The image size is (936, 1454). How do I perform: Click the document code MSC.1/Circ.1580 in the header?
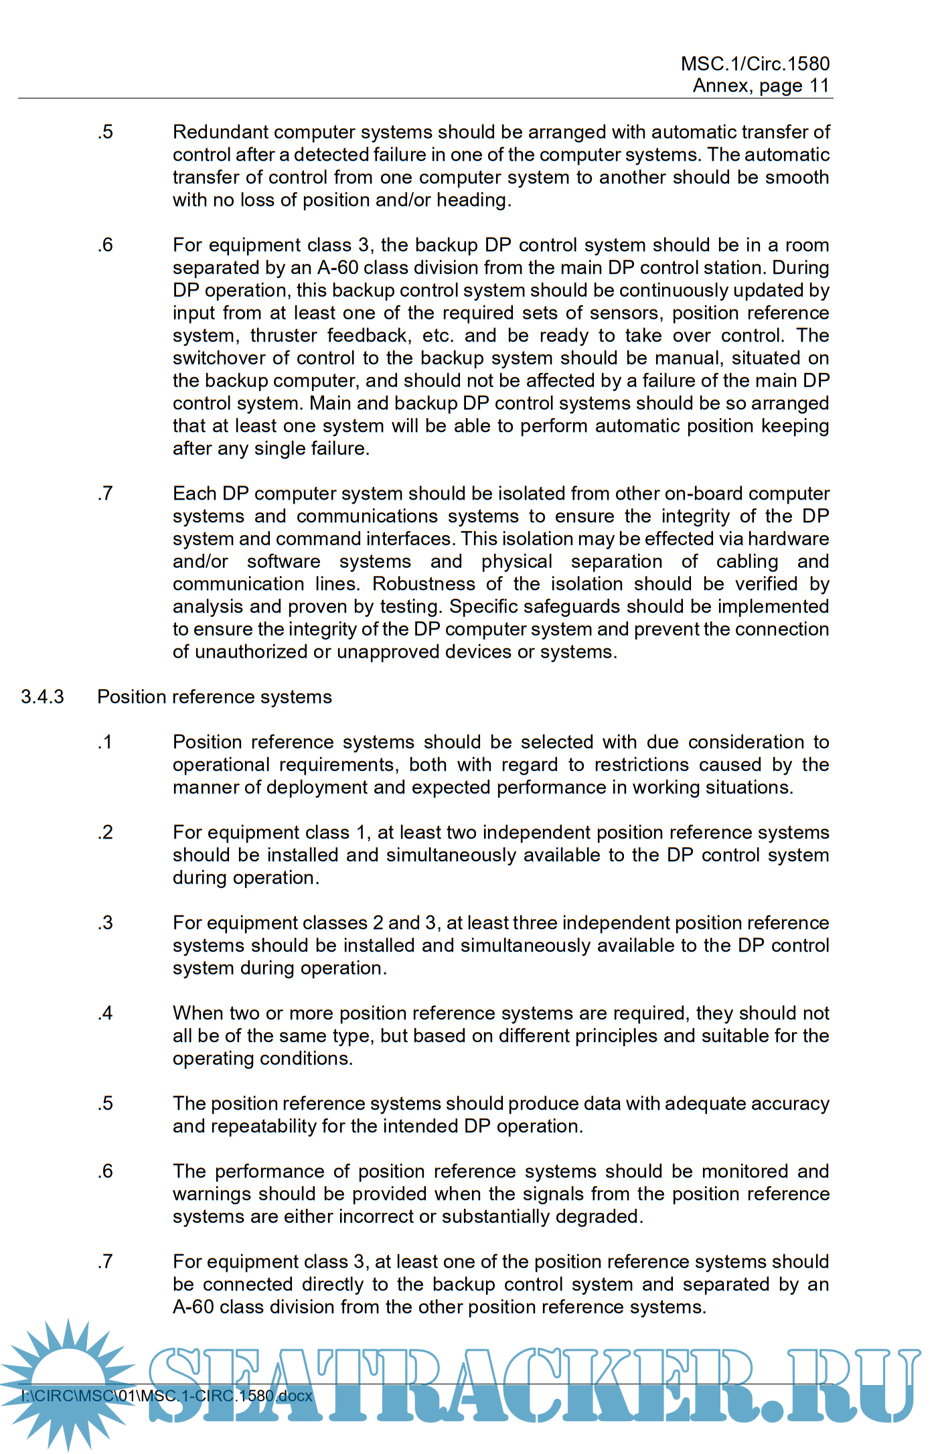pyautogui.click(x=755, y=64)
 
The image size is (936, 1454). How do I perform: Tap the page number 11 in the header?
pyautogui.click(x=819, y=86)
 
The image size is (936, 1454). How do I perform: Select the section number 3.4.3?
pyautogui.click(x=42, y=697)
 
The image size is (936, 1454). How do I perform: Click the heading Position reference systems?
pyautogui.click(x=214, y=697)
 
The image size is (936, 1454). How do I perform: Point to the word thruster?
pyautogui.click(x=285, y=335)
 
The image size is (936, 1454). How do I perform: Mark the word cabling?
pyautogui.click(x=747, y=561)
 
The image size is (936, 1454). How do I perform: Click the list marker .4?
pyautogui.click(x=105, y=1013)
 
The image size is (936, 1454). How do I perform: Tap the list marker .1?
pyautogui.click(x=105, y=742)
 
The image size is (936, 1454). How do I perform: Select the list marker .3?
pyautogui.click(x=105, y=922)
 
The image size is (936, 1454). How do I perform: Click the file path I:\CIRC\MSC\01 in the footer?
pyautogui.click(x=80, y=1396)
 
